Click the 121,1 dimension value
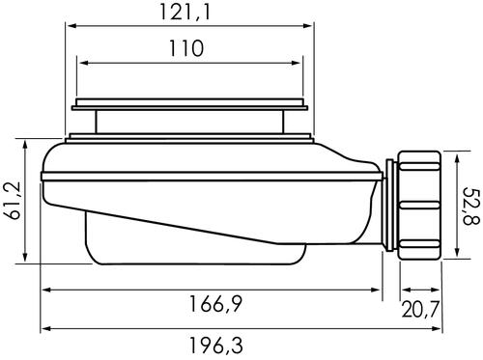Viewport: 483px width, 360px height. [x=185, y=13]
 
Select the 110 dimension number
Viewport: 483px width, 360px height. [x=186, y=48]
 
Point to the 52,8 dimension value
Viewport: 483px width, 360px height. [x=471, y=206]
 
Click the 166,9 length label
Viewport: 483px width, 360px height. [x=215, y=304]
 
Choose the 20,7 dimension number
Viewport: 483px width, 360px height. [x=420, y=310]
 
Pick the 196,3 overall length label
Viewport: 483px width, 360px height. [x=216, y=345]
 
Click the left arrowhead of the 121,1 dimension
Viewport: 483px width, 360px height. [x=71, y=26]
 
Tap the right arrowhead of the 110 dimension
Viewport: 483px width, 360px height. [x=296, y=63]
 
